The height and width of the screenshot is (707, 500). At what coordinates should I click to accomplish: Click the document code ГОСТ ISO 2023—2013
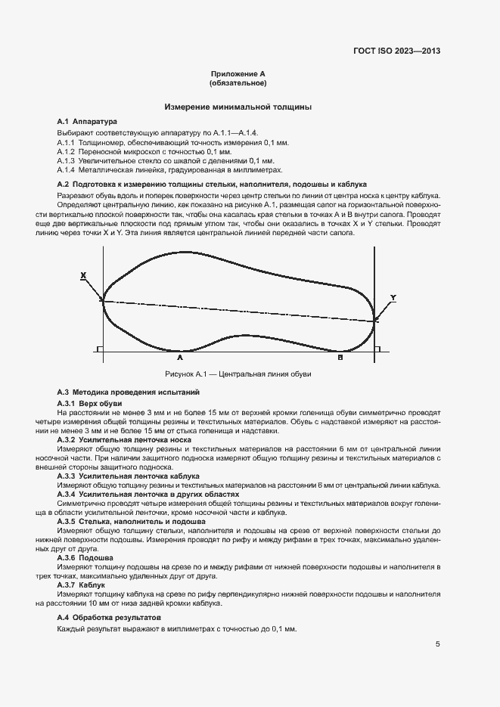click(396, 52)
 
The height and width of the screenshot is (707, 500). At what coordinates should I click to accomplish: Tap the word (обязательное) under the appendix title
click(238, 83)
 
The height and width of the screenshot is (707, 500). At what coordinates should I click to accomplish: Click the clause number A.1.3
click(67, 161)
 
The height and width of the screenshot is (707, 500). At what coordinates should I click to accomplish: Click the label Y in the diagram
click(393, 297)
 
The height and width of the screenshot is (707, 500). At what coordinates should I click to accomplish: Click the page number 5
click(437, 644)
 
